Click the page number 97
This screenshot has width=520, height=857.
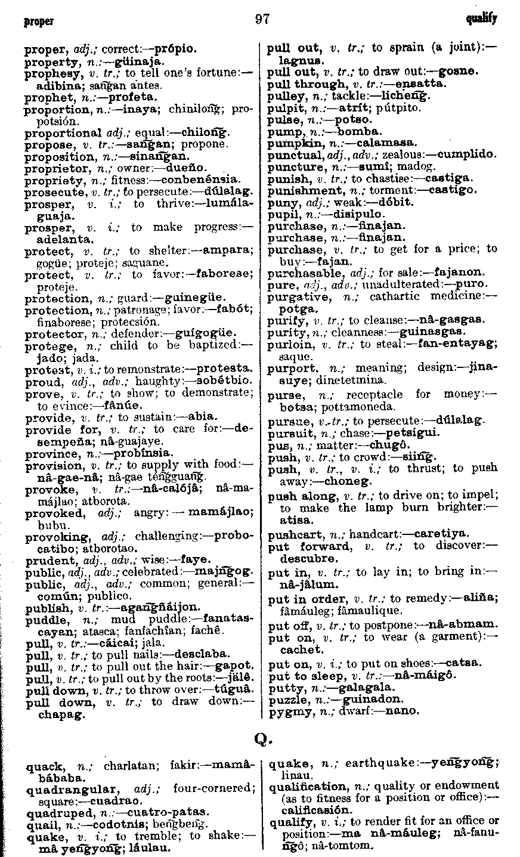(x=262, y=18)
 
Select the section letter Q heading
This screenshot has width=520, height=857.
(x=262, y=739)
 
